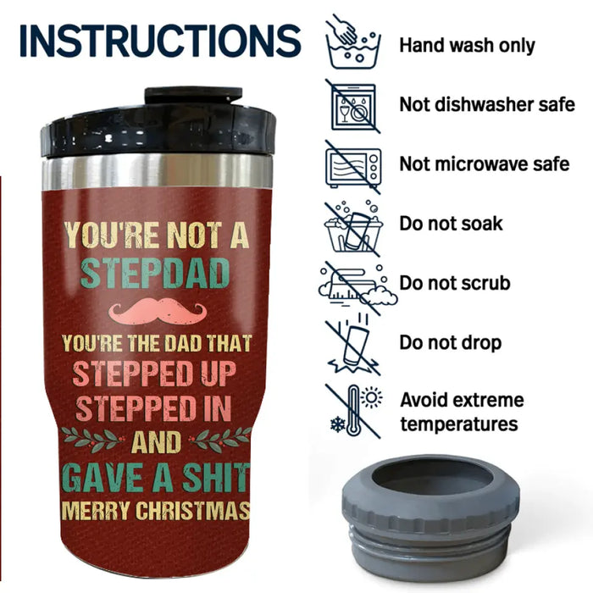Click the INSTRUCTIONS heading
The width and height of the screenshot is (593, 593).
(x=159, y=40)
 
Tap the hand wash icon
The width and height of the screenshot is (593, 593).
(x=352, y=42)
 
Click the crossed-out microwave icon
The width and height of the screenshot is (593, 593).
(x=352, y=164)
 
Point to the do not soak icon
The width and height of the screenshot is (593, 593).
(x=353, y=224)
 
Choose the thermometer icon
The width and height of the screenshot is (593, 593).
(x=352, y=411)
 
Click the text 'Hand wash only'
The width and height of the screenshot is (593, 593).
(x=467, y=44)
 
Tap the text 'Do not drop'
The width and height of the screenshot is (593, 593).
(x=463, y=343)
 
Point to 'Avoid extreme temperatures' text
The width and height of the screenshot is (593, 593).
(x=462, y=411)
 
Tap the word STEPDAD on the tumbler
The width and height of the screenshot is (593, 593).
(x=156, y=272)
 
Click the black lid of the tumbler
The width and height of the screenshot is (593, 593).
(x=158, y=127)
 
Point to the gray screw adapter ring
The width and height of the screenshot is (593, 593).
(x=430, y=513)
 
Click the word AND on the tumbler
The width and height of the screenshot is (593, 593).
(x=157, y=441)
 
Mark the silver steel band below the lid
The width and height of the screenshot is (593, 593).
(x=158, y=172)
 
